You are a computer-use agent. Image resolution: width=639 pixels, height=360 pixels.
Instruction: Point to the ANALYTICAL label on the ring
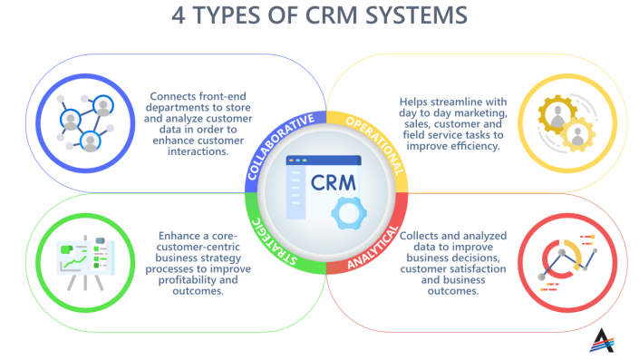click(373, 239)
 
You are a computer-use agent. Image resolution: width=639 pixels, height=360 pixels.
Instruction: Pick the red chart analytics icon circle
click(557, 263)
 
